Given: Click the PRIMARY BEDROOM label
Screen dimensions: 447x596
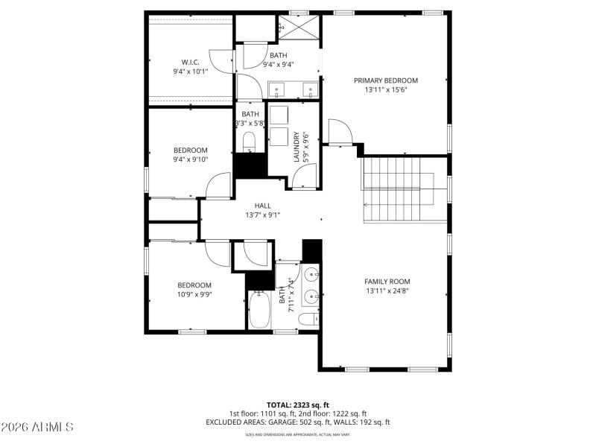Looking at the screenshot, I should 385,80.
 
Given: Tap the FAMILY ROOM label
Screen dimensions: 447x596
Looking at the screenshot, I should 387,281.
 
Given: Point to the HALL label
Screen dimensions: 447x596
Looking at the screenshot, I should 262,206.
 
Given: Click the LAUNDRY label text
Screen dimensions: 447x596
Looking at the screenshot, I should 297,147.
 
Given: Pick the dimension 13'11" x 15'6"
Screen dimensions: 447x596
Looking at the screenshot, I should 385,90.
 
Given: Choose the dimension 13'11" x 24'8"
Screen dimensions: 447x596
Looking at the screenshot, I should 387,291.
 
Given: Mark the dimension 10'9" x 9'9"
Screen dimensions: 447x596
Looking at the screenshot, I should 194,294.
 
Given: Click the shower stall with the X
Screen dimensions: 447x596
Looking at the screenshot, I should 299,28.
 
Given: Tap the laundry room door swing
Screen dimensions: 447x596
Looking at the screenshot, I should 305,177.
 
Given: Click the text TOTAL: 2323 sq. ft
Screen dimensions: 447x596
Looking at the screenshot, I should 297,405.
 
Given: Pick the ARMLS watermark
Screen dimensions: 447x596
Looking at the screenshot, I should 37,427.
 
